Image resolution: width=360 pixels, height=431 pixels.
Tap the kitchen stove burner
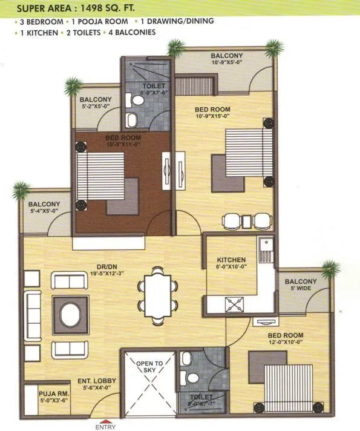click(x=234, y=303)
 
